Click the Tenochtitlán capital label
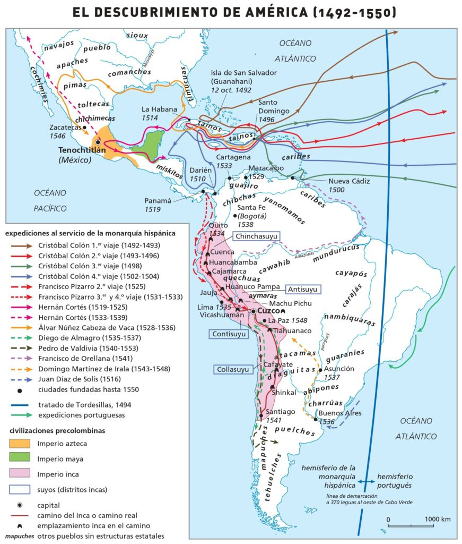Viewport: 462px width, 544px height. pos(82,150)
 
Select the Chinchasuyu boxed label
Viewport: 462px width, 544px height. pos(256,236)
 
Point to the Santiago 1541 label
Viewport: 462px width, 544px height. pos(281,415)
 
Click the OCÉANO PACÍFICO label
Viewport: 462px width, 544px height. pos(50,200)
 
